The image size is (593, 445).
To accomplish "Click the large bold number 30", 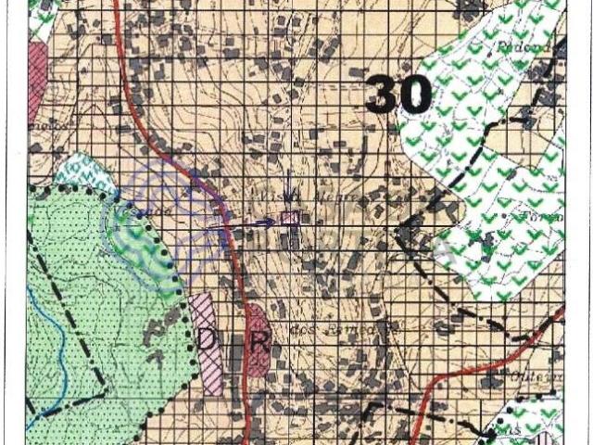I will point(399,94).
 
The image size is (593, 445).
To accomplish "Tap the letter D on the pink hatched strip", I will point(206,339).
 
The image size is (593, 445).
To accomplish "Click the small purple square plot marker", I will point(288,218).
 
